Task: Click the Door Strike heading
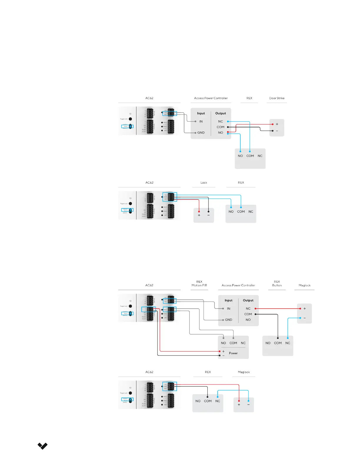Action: [277, 98]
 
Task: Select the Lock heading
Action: [204, 183]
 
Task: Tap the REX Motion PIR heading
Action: [199, 284]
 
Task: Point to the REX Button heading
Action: [277, 284]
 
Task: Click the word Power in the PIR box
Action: [233, 353]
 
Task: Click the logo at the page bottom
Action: [43, 446]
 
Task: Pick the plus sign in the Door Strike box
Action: [277, 124]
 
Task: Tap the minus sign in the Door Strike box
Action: [277, 131]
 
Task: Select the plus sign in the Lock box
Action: [199, 215]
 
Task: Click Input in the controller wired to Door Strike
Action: [201, 113]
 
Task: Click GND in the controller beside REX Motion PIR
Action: [229, 320]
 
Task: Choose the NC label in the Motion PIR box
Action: [243, 343]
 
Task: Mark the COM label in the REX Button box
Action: [278, 343]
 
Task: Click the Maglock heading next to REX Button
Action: [304, 285]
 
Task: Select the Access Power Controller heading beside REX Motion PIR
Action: [238, 285]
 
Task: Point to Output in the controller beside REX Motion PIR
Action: [248, 300]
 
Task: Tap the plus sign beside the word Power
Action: [224, 352]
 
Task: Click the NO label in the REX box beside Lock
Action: [231, 212]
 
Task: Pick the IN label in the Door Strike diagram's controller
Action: [201, 122]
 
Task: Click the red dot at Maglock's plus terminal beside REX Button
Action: [300, 309]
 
